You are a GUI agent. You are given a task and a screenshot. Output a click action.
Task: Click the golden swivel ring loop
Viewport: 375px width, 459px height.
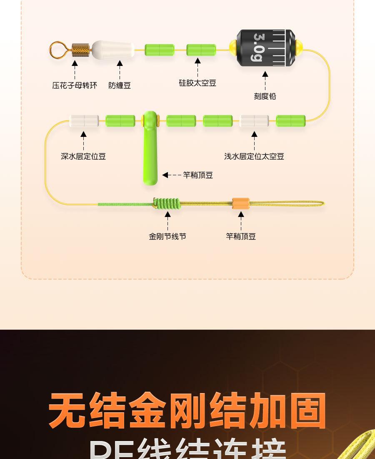(57, 50)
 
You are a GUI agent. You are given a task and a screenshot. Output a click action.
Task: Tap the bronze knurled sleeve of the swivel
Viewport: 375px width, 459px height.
(81, 50)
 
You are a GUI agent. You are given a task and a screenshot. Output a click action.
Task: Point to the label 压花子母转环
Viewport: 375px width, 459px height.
(75, 86)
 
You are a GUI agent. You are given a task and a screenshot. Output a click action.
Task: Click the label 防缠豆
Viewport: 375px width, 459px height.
(120, 86)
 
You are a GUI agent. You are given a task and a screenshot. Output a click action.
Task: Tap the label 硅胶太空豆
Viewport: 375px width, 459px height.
(197, 83)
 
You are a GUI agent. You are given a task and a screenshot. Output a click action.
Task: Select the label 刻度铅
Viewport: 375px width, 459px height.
(265, 96)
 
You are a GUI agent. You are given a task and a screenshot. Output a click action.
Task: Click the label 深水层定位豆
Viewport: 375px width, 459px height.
(83, 156)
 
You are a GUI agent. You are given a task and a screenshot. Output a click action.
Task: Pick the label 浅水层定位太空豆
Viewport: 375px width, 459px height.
(254, 156)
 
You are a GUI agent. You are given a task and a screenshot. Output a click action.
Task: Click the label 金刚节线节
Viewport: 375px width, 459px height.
(167, 237)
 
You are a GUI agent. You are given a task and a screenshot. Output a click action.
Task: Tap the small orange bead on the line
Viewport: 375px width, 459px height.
(241, 204)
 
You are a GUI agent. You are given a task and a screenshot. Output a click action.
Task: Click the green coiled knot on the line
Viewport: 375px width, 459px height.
(167, 204)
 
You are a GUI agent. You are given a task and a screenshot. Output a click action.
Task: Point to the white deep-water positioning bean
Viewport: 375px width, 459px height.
(84, 121)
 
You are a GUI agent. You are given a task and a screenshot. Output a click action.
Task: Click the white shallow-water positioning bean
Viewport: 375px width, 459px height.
(254, 121)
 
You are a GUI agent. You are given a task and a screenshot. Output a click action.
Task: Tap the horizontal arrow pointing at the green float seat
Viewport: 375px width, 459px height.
(172, 175)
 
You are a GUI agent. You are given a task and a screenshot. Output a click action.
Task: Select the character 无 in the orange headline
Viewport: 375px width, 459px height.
(67, 411)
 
